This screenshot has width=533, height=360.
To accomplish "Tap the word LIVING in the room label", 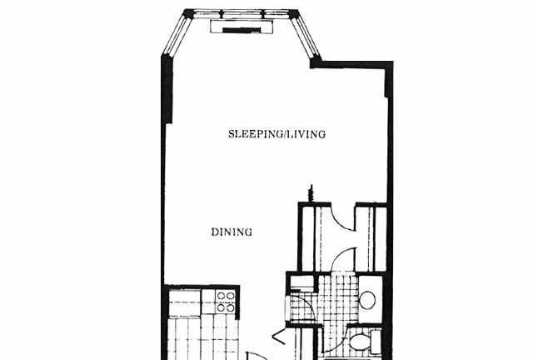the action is coord(306,133).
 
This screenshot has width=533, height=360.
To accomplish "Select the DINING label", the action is coord(232,232).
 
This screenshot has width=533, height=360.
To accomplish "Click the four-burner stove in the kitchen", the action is coord(226,302).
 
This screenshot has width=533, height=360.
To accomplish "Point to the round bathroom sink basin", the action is coord(367,300).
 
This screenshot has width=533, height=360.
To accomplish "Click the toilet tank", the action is coord(376,342).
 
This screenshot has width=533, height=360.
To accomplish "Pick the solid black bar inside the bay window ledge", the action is coord(242,30).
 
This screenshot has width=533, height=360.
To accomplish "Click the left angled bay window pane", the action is coord(176,35).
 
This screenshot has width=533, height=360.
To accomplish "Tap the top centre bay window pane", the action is coord(242,14).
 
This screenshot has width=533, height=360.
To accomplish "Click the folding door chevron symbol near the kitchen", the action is coord(278,337).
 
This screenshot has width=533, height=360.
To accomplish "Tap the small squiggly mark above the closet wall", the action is coord(311,193).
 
